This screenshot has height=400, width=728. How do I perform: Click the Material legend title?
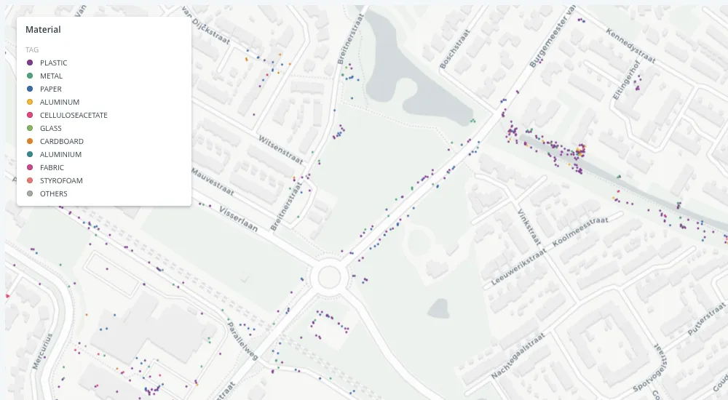pos(43,30)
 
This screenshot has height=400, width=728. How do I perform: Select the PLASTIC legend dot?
pos(30,63)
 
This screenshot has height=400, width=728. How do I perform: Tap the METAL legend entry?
pos(51,76)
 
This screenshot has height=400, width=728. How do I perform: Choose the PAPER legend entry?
pos(51,89)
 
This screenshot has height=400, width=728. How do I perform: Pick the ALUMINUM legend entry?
pos(60,102)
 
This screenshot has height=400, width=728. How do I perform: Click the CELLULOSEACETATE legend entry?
pos(74,115)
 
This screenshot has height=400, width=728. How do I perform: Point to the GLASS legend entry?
pos(51,128)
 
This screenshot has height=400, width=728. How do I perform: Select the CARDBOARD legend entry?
pos(62,141)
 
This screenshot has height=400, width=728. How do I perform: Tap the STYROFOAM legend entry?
pos(61,180)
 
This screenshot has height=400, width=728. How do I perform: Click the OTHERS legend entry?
pos(54,193)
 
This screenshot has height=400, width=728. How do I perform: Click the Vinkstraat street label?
pos(526,225)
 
